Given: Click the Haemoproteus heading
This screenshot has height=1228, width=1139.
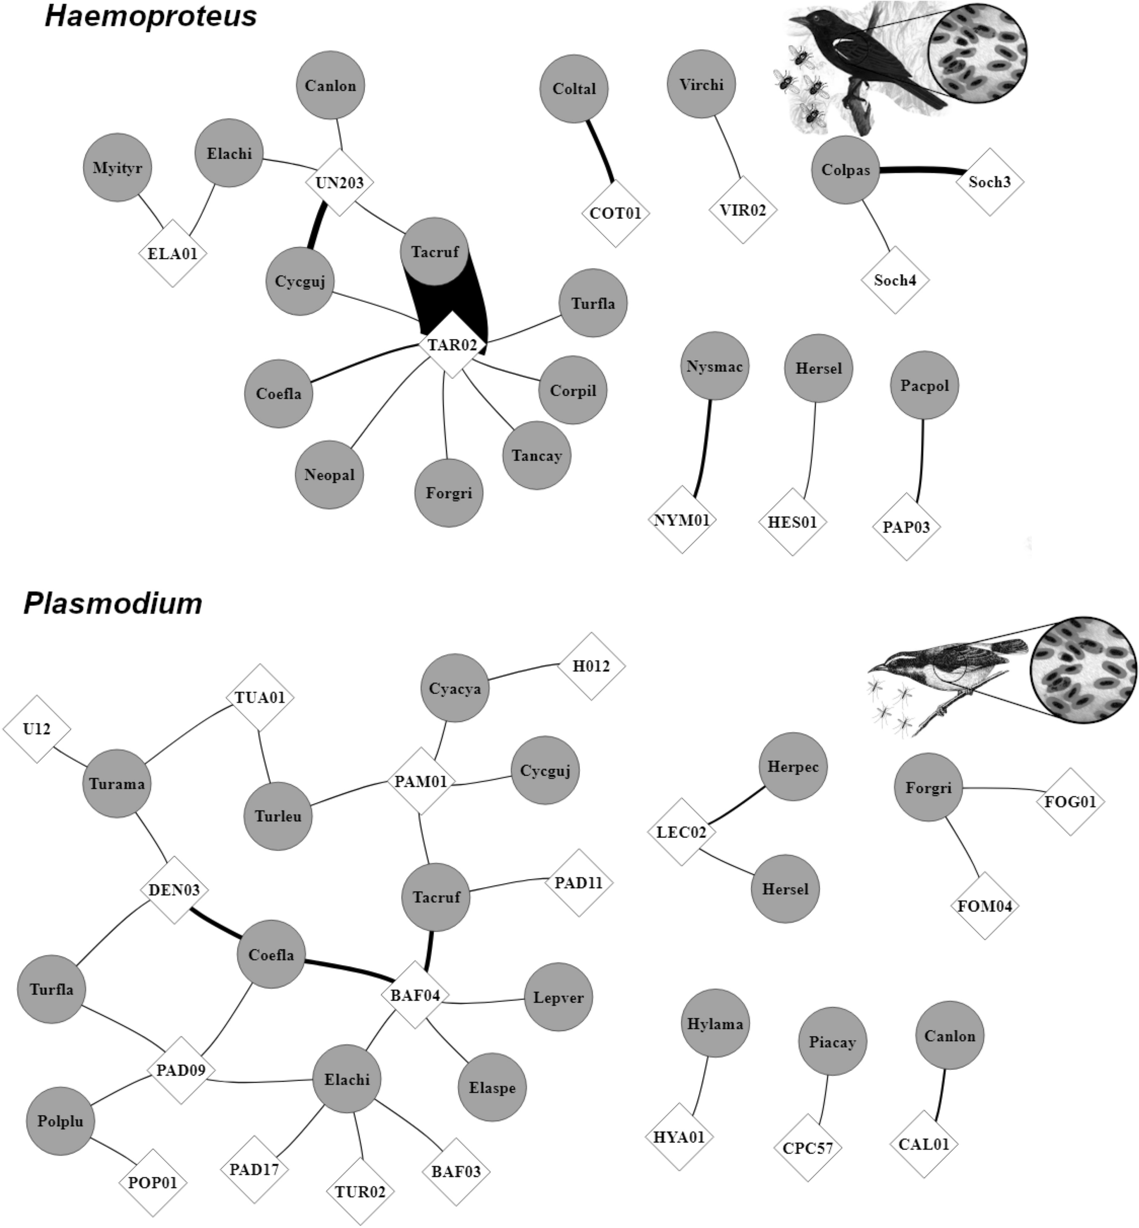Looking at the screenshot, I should tap(151, 16).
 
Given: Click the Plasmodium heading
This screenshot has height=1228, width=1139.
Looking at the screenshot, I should tap(113, 602).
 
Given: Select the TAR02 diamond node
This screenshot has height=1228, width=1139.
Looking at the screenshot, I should tap(452, 344).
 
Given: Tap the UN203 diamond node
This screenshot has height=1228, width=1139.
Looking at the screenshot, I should tap(339, 183).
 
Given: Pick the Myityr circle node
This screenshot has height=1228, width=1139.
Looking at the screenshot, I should tap(117, 168).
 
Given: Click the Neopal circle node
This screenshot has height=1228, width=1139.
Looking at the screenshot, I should tap(329, 474).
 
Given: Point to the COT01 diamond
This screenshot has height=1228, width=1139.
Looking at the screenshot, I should tap(615, 213).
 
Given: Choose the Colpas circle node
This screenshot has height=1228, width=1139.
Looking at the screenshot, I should tap(845, 170).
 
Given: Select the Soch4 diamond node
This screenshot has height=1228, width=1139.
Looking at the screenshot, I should tap(895, 280).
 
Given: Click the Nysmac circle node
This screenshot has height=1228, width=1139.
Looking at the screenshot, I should tap(715, 366).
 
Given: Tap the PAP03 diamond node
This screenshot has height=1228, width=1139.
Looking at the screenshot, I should tap(906, 527).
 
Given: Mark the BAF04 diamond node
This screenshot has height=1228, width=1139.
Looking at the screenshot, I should tap(415, 995).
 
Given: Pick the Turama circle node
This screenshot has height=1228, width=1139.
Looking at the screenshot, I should tap(117, 784).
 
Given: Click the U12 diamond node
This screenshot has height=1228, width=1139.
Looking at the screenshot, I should tap(36, 729).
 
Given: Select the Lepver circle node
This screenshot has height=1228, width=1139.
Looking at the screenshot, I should tap(558, 997).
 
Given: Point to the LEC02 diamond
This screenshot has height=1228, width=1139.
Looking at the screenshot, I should tap(681, 832).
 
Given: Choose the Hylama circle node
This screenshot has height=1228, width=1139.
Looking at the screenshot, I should tap(715, 1024).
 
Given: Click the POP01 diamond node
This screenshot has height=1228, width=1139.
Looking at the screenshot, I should tap(152, 1183).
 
